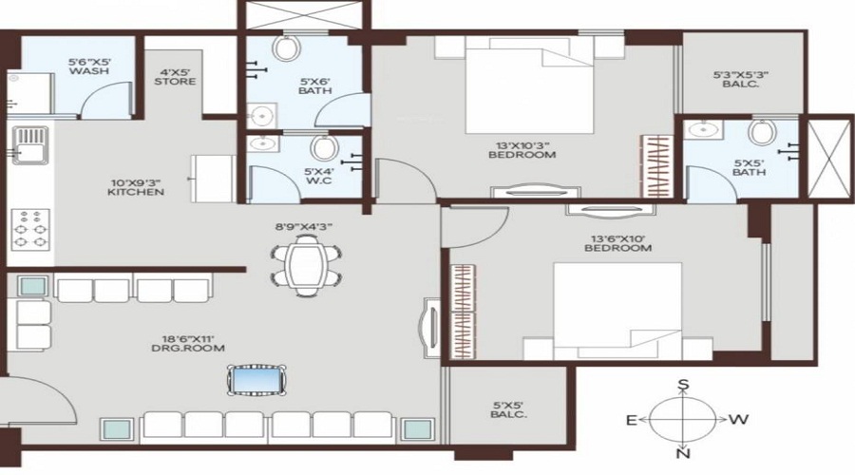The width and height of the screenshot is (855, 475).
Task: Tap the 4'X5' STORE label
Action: [x=176, y=75]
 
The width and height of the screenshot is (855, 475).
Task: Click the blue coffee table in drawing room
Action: [x=256, y=381]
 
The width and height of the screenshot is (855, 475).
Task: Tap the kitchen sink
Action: [x=28, y=148]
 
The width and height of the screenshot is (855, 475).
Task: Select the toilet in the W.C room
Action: [x=324, y=147]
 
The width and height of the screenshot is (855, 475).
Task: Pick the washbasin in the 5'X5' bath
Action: [x=704, y=130]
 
